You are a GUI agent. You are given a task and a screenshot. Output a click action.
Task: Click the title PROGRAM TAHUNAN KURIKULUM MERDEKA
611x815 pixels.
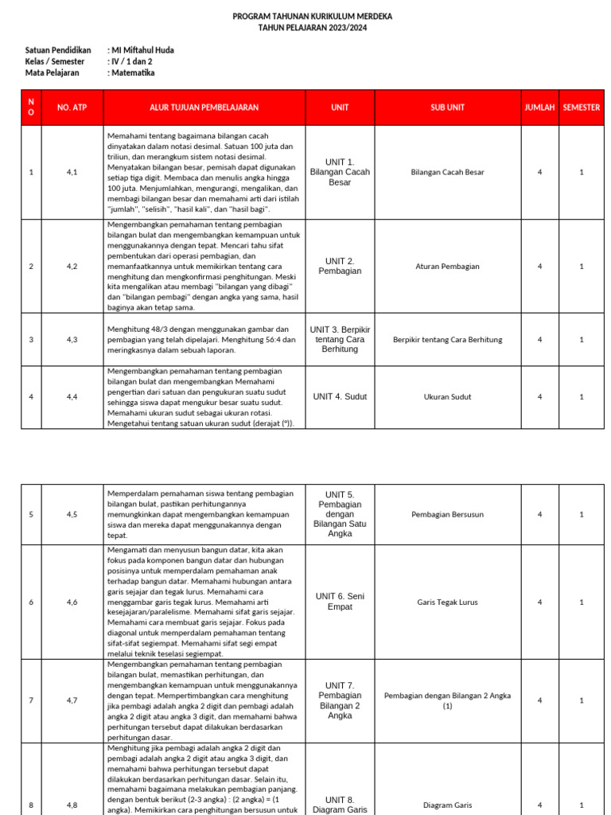tap(312, 16)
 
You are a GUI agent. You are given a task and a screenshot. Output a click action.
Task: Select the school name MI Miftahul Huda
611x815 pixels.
tap(142, 50)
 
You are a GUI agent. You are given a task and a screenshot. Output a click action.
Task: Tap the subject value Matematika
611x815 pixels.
tap(133, 72)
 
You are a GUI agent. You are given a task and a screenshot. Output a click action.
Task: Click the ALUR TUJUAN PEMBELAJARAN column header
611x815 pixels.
tap(204, 107)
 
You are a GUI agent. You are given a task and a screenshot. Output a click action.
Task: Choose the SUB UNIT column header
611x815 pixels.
tap(447, 107)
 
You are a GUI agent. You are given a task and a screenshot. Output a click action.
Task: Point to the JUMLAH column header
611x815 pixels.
tap(539, 107)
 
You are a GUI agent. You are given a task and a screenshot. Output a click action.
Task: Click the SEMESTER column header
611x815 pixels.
tap(581, 107)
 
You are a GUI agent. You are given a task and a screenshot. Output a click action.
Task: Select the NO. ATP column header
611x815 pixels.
tap(72, 107)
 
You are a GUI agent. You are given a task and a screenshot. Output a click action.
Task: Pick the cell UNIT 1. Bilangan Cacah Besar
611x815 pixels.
tap(340, 172)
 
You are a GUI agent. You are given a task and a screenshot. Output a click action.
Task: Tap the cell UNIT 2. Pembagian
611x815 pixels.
tap(340, 266)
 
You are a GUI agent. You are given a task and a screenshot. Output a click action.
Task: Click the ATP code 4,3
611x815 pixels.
tap(72, 340)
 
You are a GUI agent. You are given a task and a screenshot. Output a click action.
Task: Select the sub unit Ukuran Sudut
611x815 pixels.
tap(447, 396)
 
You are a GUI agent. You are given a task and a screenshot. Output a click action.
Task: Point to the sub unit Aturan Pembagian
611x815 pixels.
tap(447, 267)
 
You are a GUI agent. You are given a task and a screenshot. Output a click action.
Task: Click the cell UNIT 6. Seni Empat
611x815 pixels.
tap(340, 602)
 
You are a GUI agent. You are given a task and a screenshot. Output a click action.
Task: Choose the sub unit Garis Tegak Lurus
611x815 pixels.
tap(447, 602)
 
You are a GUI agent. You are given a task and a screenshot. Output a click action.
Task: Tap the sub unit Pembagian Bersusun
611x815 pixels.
tap(447, 515)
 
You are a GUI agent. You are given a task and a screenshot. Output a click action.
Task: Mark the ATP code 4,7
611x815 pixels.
tap(72, 700)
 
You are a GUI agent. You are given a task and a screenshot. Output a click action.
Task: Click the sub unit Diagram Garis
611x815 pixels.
tap(447, 805)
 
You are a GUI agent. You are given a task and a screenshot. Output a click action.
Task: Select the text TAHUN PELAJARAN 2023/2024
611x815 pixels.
tap(312, 27)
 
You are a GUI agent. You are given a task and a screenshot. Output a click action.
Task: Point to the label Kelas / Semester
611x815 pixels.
tap(55, 61)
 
